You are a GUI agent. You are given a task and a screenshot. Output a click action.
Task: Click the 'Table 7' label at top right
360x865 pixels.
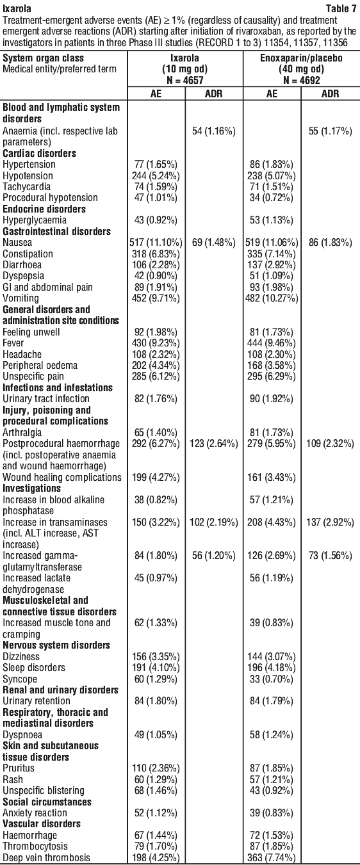[x=341, y=8]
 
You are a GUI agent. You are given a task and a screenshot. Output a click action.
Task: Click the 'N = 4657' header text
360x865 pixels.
[x=185, y=80]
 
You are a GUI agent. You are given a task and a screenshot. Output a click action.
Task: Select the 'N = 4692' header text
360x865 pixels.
[x=301, y=80]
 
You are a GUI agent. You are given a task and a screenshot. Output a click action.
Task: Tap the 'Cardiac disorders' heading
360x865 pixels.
[x=39, y=153]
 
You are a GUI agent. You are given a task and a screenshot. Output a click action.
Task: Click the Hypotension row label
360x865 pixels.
[x=28, y=175]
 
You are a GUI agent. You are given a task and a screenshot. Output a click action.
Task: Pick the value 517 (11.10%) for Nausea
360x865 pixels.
[x=156, y=243]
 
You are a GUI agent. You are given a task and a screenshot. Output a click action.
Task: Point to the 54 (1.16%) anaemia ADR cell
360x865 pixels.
[x=214, y=131]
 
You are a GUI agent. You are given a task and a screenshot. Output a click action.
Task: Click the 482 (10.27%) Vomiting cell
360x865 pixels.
[x=272, y=298]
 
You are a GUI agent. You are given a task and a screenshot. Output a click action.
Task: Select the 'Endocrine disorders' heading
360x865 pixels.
[x=44, y=209]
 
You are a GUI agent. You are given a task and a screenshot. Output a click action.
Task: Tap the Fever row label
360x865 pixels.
[x=13, y=343]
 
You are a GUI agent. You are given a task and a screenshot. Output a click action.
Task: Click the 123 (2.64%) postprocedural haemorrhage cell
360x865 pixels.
[x=214, y=443]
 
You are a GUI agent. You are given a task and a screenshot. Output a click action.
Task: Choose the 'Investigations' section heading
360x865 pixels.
[x=31, y=488]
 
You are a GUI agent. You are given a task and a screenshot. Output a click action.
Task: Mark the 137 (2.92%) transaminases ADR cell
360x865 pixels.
[x=331, y=522]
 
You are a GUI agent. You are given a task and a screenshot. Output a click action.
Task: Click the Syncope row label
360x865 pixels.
[x=20, y=679]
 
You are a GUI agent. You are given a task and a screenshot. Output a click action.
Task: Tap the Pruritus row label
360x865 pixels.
[x=19, y=768]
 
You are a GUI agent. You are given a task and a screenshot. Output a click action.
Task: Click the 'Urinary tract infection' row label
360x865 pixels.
[x=46, y=398]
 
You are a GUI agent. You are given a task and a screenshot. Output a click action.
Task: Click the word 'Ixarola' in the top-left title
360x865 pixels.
[x=17, y=8]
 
